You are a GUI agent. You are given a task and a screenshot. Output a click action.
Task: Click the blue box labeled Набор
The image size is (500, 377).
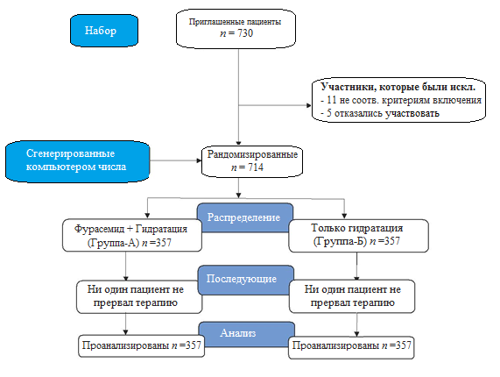pyautogui.click(x=104, y=31)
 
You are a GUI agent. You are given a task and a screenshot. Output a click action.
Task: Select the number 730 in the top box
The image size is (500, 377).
pyautogui.click(x=245, y=33)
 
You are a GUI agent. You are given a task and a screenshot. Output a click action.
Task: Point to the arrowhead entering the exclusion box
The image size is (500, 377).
pyautogui.click(x=309, y=105)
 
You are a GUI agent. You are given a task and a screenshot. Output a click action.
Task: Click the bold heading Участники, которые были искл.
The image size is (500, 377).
pyautogui.click(x=398, y=87)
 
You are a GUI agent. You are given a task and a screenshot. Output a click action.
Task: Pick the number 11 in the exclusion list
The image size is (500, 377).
pyautogui.click(x=331, y=100)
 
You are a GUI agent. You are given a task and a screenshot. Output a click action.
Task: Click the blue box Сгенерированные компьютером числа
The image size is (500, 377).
pyautogui.click(x=77, y=161)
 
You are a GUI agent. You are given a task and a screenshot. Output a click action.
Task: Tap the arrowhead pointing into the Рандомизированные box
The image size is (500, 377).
pyautogui.click(x=199, y=160)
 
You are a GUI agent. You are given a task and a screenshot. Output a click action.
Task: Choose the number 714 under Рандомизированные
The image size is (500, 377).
pyautogui.click(x=255, y=167)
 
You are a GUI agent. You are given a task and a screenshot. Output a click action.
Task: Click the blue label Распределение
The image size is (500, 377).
pyautogui.click(x=245, y=217)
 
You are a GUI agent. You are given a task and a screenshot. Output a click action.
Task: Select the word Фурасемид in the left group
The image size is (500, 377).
pyautogui.click(x=99, y=229)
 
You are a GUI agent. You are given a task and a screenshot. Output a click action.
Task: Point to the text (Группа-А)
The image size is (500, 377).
pyautogui.click(x=113, y=243)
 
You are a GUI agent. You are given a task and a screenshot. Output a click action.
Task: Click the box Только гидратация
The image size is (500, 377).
pyautogui.click(x=358, y=236)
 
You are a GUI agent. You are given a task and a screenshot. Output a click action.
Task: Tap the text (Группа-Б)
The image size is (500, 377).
pyautogui.click(x=340, y=241)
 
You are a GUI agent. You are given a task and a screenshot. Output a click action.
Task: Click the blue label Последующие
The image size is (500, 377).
pyautogui.click(x=245, y=280)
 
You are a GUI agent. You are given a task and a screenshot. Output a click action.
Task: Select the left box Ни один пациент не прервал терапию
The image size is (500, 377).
pyautogui.click(x=139, y=297)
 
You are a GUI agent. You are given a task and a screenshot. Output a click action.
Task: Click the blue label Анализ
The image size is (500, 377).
pyautogui.click(x=246, y=334)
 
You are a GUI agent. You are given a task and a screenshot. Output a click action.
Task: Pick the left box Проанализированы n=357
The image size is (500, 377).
pyautogui.click(x=141, y=345)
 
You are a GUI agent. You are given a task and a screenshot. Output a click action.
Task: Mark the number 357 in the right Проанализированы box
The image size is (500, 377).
pyautogui.click(x=403, y=345)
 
